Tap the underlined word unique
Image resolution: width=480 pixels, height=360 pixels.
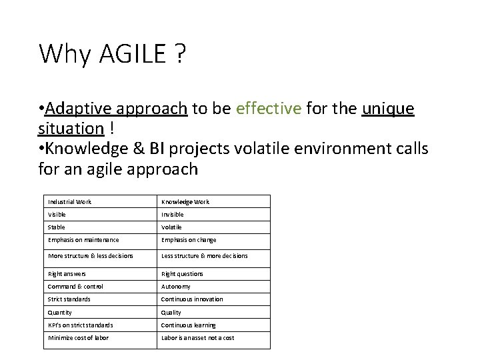(388, 109)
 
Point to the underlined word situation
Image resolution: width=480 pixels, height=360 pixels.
(71, 127)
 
